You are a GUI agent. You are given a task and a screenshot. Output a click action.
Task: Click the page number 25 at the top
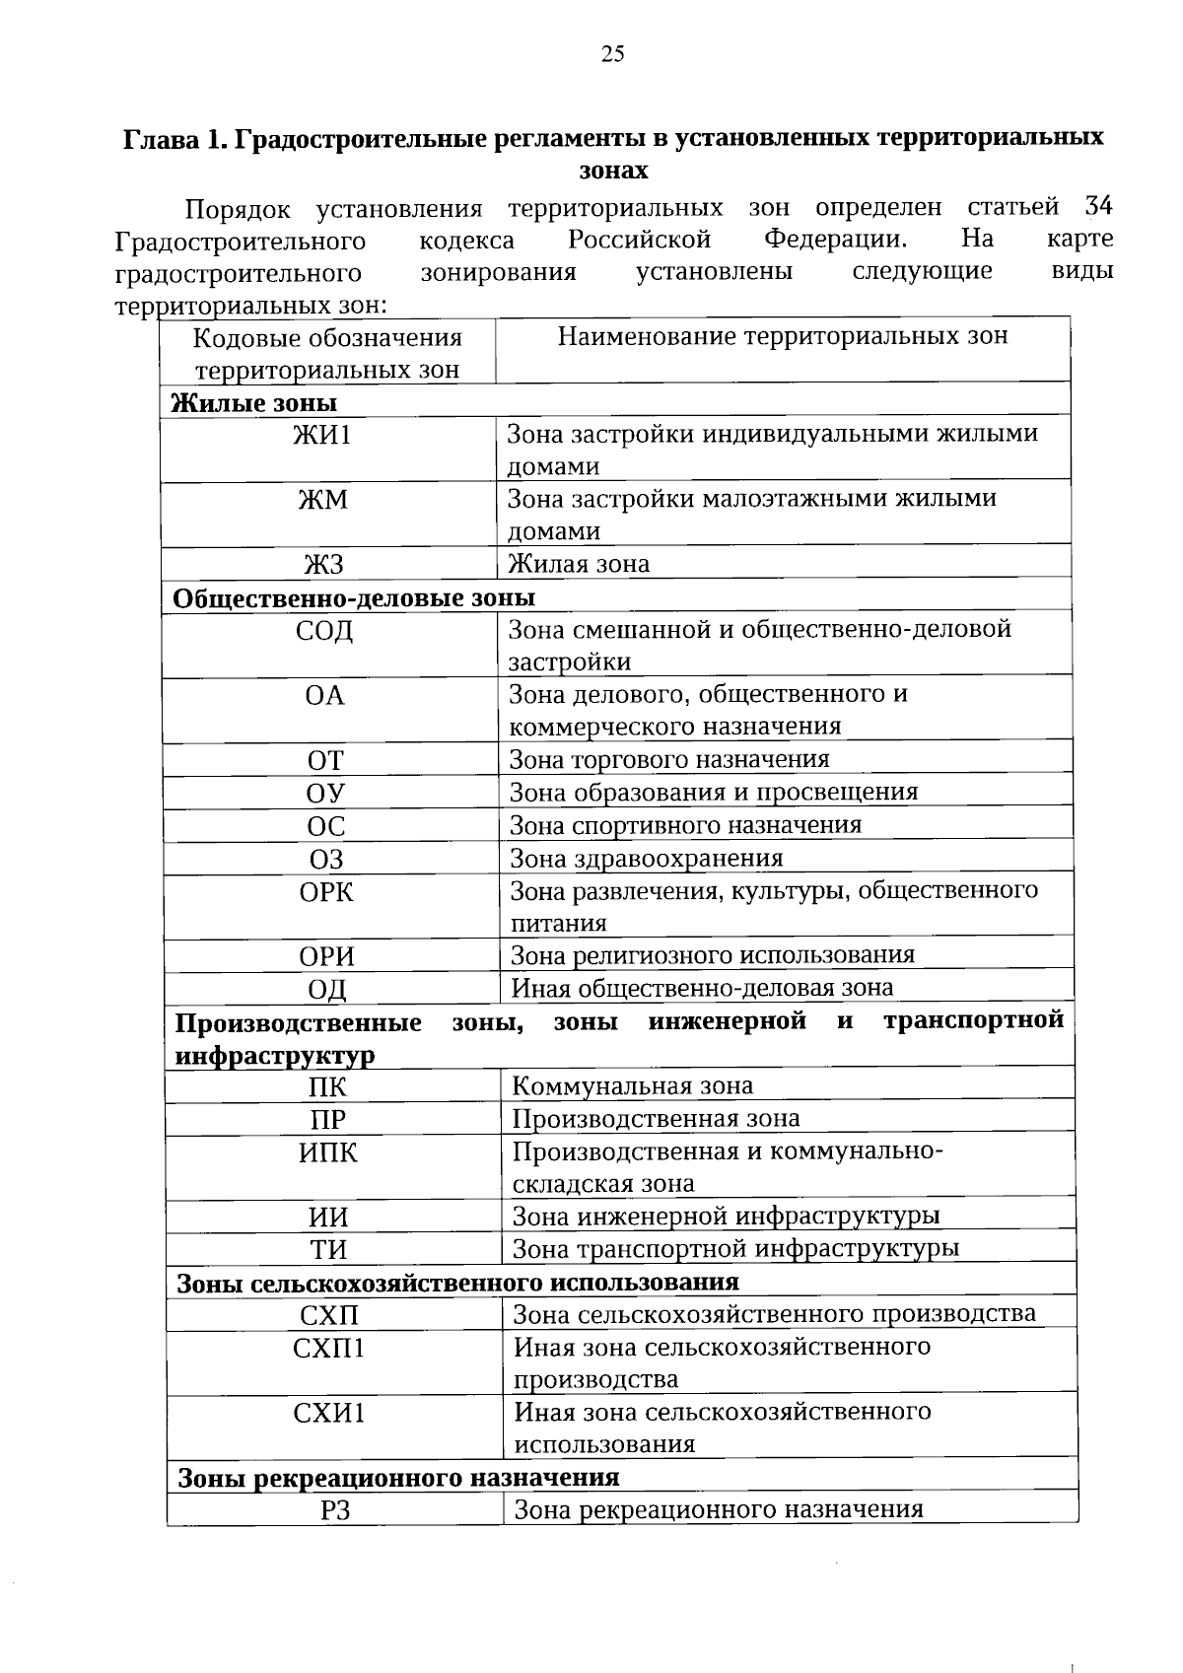612,54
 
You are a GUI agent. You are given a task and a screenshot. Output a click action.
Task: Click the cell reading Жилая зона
579,564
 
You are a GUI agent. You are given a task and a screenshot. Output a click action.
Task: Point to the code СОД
324,631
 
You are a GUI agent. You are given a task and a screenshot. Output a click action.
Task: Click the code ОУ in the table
325,793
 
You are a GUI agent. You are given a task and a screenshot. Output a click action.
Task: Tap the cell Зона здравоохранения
646,858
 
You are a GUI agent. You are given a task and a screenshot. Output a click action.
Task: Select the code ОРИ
327,956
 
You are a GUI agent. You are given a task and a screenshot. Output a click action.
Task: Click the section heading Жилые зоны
254,402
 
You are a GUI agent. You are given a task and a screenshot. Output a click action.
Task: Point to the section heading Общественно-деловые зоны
354,598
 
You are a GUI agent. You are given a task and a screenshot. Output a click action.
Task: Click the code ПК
327,1087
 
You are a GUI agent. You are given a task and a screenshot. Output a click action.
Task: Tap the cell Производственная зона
656,1119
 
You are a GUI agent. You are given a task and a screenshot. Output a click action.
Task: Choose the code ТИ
329,1250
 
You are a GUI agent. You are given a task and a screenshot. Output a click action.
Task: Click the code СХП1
329,1348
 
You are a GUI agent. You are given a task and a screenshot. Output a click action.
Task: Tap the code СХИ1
329,1413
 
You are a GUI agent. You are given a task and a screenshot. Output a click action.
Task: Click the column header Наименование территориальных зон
783,337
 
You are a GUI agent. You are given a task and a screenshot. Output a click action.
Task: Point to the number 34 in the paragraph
1098,207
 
